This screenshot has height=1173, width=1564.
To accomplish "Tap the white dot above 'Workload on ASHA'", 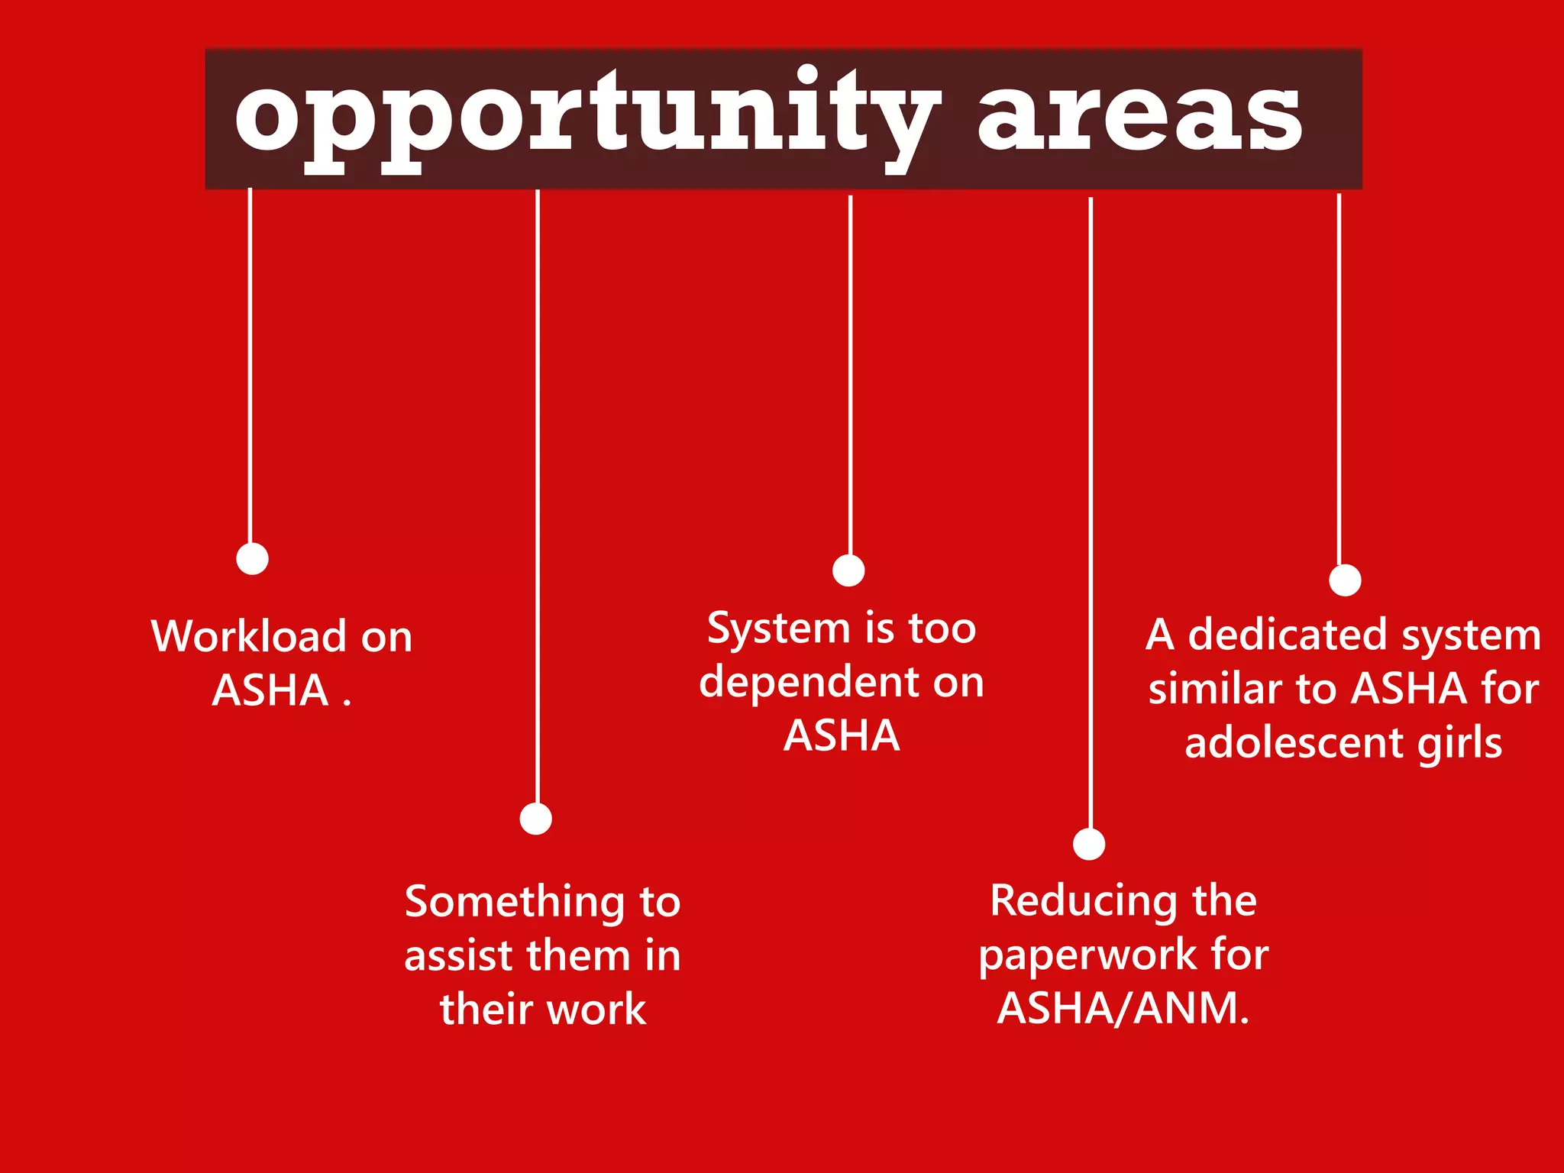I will (x=252, y=558).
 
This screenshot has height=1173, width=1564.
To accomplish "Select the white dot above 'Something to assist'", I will (x=536, y=819).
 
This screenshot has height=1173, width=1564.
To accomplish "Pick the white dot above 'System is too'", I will (x=848, y=570).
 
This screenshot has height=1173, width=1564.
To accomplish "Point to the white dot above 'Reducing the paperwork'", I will (x=1089, y=844).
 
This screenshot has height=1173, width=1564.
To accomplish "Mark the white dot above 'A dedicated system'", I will (x=1345, y=580).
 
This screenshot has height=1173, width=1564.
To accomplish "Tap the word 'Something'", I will (x=514, y=902).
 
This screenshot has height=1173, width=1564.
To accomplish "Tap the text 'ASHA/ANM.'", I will (x=1123, y=1008).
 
